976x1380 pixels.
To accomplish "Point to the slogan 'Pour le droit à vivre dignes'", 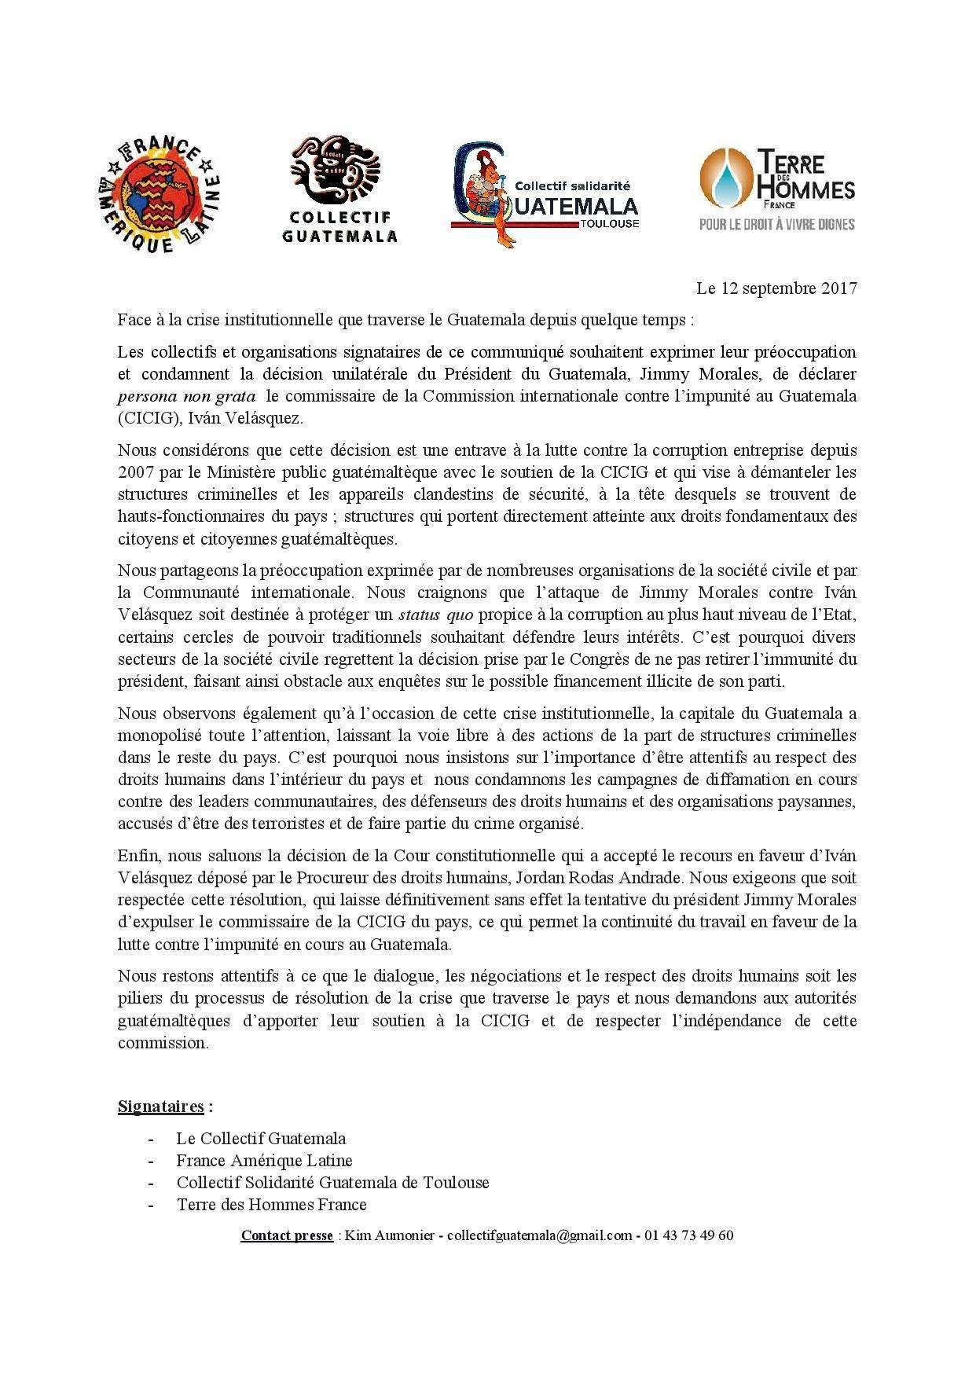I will (777, 225).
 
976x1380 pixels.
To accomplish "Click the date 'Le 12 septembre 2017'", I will (776, 288).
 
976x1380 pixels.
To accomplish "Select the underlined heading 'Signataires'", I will (161, 1107).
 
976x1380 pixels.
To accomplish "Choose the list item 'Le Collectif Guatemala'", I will (261, 1138).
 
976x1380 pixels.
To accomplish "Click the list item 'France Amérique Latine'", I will (264, 1160).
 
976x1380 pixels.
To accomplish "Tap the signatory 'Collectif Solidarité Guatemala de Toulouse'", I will (332, 1182).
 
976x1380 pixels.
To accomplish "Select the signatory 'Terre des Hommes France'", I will (271, 1204).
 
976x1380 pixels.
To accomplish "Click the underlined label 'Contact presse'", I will (287, 1235).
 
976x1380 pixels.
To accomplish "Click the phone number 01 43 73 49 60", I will (688, 1235).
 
